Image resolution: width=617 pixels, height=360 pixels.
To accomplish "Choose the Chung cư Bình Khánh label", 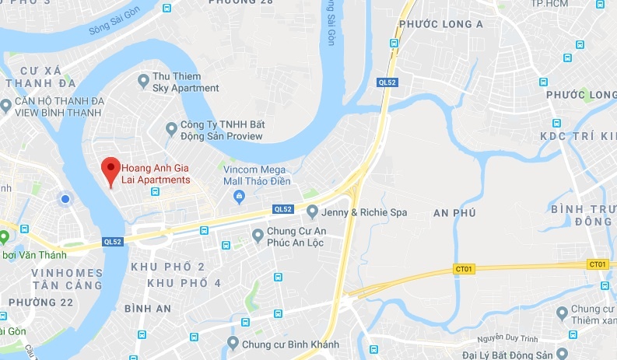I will pyautogui.click(x=288, y=343).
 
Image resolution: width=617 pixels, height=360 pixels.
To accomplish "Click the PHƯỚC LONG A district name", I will pyautogui.click(x=440, y=25).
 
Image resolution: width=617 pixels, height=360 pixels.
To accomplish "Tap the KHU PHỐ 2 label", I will pyautogui.click(x=168, y=267).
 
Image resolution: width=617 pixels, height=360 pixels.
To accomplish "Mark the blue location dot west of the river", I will pyautogui.click(x=65, y=200).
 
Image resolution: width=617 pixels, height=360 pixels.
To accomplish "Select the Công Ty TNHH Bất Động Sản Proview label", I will pyautogui.click(x=221, y=131).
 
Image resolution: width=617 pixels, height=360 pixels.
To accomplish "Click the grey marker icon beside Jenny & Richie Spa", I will pyautogui.click(x=312, y=211).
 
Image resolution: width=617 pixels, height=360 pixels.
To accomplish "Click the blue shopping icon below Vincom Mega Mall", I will pyautogui.click(x=240, y=194).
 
